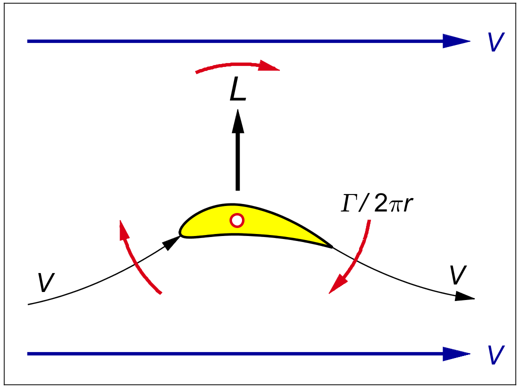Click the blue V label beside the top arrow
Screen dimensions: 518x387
tap(495, 43)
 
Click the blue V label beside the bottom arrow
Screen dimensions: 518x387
tap(495, 355)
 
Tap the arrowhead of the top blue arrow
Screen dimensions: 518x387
tap(456, 41)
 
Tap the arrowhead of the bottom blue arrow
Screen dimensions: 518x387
tap(456, 354)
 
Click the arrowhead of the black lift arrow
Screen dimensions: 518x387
tap(238, 121)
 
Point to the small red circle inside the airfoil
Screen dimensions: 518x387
tap(237, 220)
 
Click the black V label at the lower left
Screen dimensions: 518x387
tap(45, 283)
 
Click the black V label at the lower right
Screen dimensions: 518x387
tap(457, 275)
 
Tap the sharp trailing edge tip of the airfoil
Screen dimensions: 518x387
tap(331, 246)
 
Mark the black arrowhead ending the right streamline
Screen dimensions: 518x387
tap(465, 296)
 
